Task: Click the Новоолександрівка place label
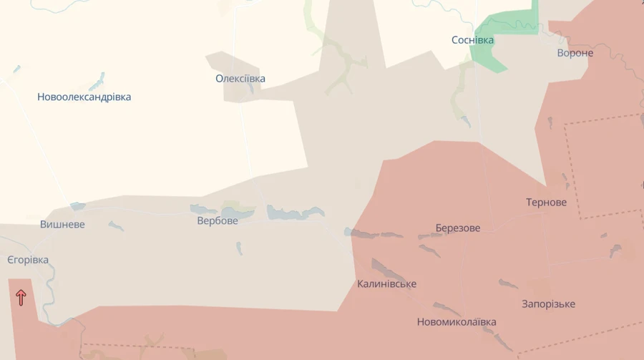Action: (84, 97)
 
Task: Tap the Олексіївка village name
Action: (240, 79)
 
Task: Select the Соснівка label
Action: (472, 40)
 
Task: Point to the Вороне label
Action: (575, 53)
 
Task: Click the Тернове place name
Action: (546, 203)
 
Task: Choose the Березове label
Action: (458, 228)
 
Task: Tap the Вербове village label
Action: (218, 221)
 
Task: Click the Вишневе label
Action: (62, 225)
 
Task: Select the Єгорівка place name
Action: (28, 260)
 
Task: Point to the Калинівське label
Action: (386, 284)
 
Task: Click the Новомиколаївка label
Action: (457, 322)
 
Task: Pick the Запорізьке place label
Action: (548, 304)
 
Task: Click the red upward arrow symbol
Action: (21, 296)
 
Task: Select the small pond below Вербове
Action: (239, 248)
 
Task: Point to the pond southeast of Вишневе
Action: (115, 226)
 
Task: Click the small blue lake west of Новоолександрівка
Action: (16, 69)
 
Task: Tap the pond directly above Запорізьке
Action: (508, 284)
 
